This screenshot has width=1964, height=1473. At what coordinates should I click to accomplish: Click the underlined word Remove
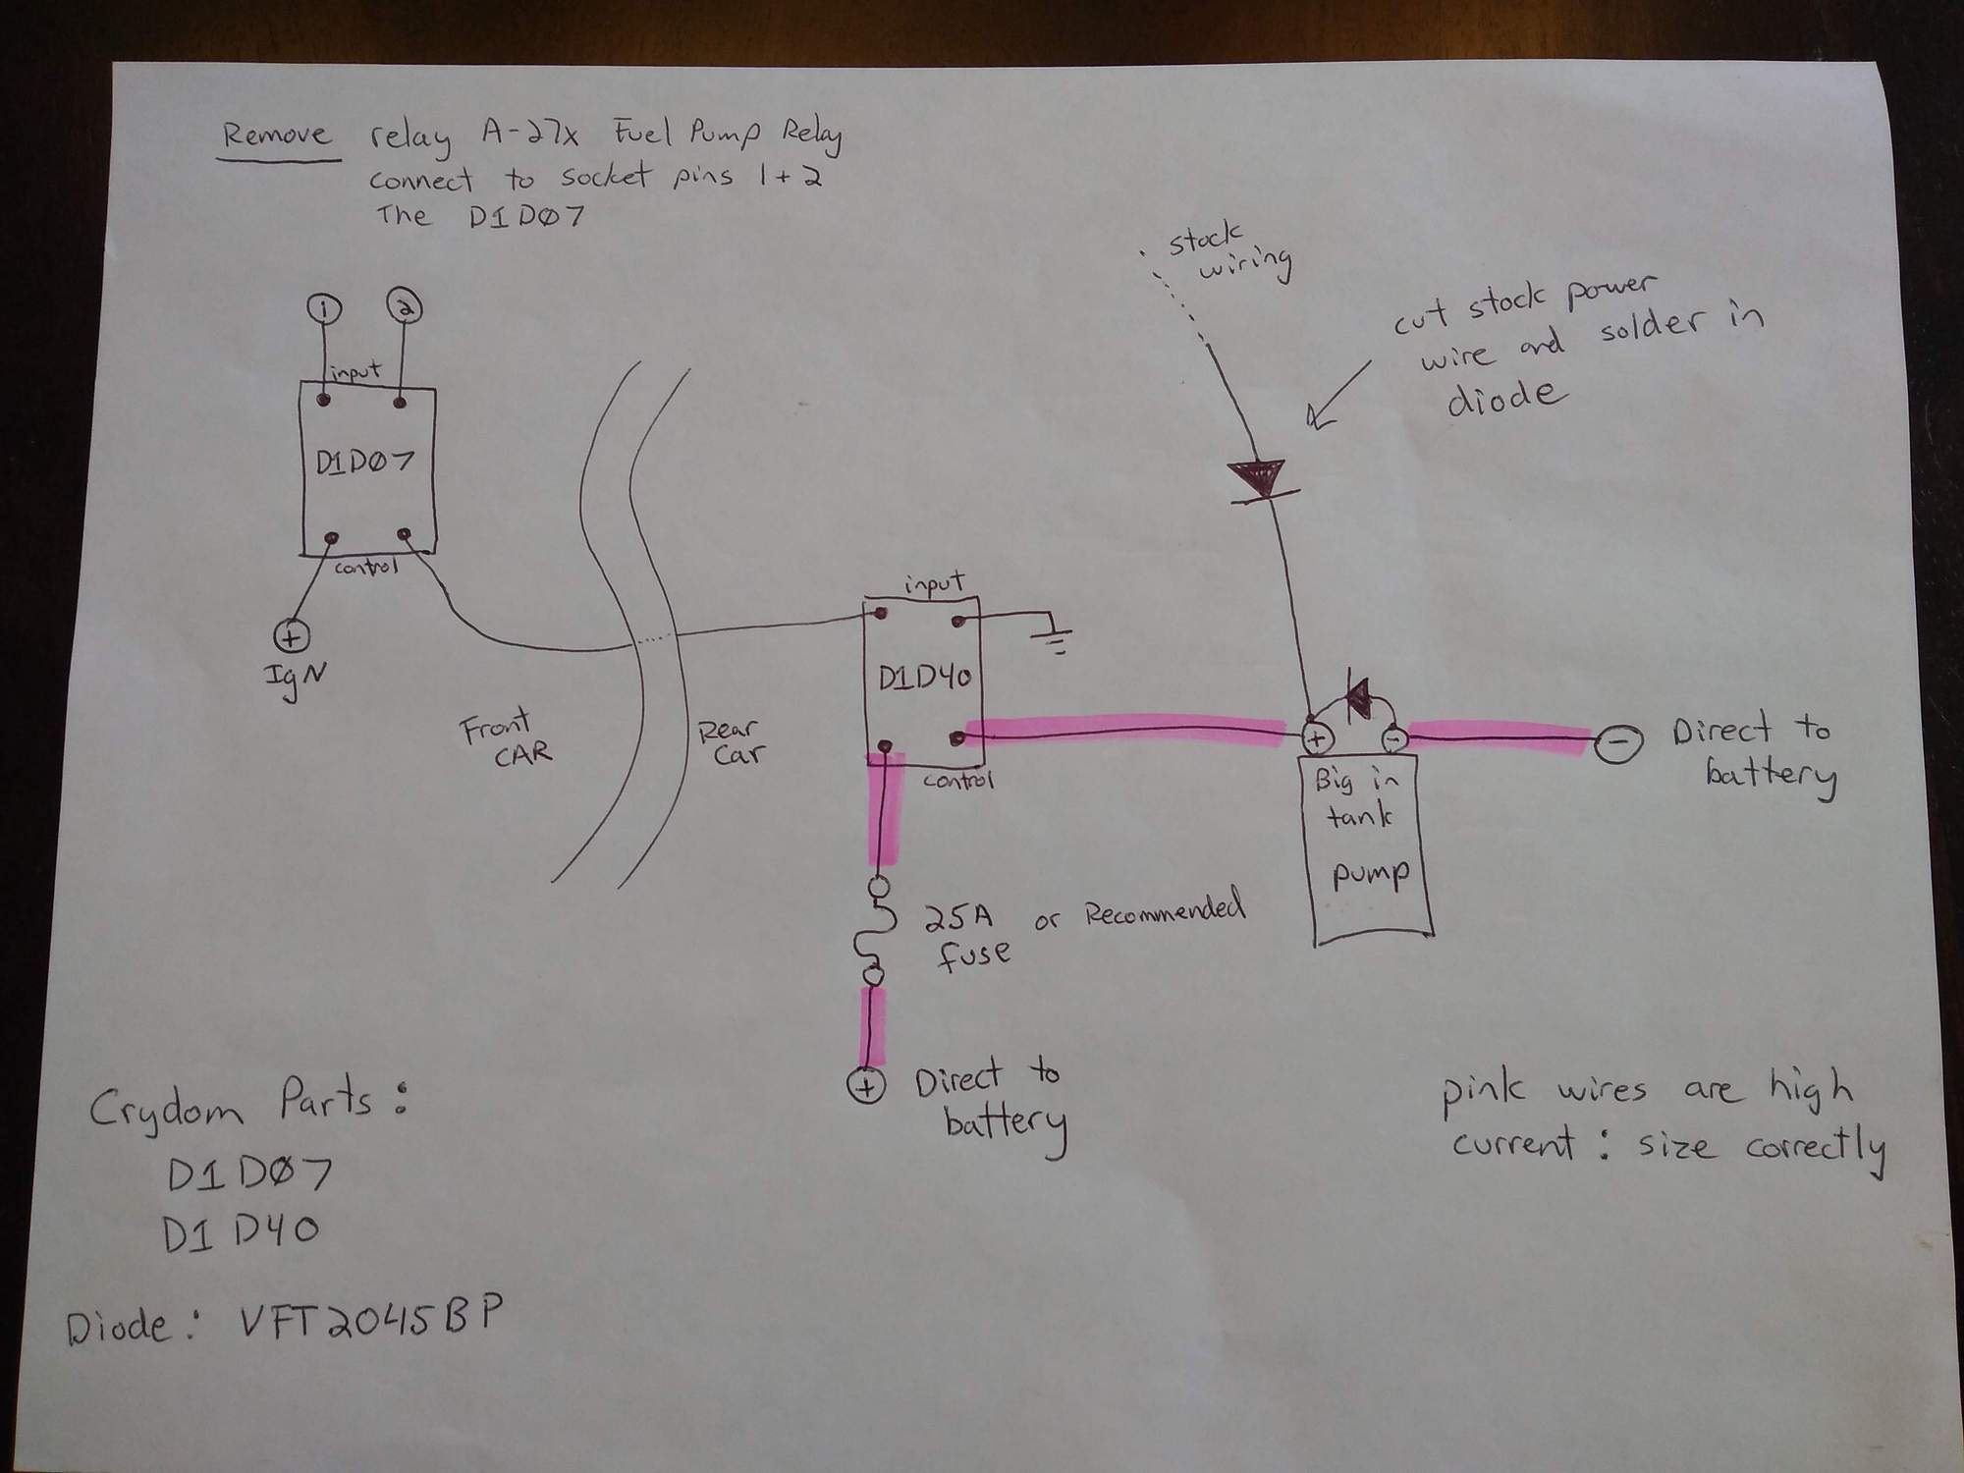click(277, 135)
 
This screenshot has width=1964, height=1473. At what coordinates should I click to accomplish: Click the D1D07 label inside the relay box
click(364, 462)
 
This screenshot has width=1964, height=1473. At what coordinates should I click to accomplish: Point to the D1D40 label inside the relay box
click(924, 679)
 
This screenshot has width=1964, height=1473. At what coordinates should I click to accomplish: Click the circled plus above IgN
click(292, 636)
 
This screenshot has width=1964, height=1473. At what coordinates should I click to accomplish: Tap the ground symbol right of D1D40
click(1051, 639)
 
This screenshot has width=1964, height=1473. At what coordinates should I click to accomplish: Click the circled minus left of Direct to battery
click(1616, 743)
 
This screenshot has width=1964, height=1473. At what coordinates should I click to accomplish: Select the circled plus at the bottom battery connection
click(867, 1086)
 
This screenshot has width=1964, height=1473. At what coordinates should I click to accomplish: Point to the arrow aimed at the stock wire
click(1341, 392)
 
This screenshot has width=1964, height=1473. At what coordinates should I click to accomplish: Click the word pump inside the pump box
click(1371, 874)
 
